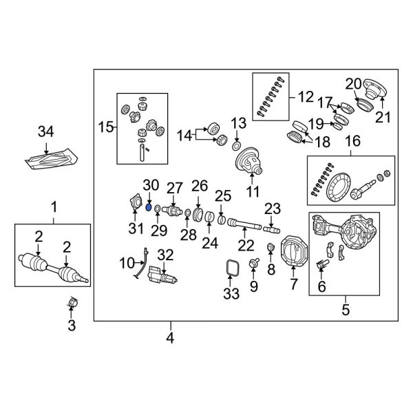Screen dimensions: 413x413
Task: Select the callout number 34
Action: pos(45,131)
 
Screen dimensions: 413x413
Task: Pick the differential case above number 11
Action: pos(251,162)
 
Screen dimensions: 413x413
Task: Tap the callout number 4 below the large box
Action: pos(170,338)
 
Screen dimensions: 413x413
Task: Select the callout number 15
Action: pos(105,127)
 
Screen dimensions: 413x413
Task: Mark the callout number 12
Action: pos(304,97)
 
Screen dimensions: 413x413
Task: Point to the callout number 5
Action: pos(344,310)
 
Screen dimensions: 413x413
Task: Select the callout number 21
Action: pos(383,118)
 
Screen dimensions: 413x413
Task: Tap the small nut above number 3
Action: pos(72,302)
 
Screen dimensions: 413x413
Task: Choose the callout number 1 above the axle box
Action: pos(52,206)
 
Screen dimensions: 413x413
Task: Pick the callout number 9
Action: pos(254,284)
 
